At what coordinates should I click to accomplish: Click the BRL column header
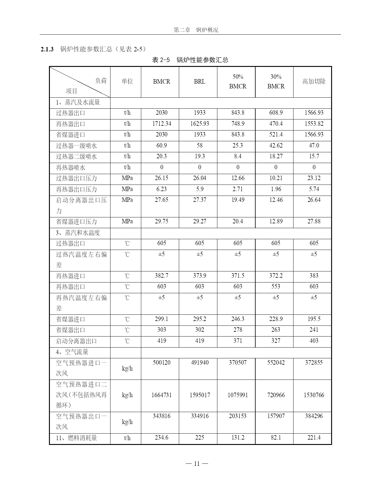click(199, 82)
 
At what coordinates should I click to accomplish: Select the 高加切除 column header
click(314, 82)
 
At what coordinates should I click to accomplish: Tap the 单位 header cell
click(127, 82)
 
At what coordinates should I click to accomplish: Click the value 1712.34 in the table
click(162, 124)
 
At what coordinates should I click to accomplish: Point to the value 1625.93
click(199, 124)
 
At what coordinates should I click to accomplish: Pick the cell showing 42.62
click(276, 146)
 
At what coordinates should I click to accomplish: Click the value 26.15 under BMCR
click(162, 178)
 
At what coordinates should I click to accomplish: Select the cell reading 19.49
click(238, 200)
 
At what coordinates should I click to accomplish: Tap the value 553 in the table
click(276, 287)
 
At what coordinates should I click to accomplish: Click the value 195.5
click(314, 319)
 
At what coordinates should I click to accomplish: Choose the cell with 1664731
click(162, 395)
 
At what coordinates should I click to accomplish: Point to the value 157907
click(276, 416)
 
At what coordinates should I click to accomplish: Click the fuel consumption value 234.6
click(162, 438)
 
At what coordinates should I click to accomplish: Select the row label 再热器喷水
click(71, 168)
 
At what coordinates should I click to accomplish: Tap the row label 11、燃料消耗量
click(76, 438)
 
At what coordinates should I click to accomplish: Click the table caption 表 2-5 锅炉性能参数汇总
click(190, 60)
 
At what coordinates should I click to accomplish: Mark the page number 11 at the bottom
click(197, 464)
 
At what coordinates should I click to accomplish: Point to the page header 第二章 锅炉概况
click(196, 30)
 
